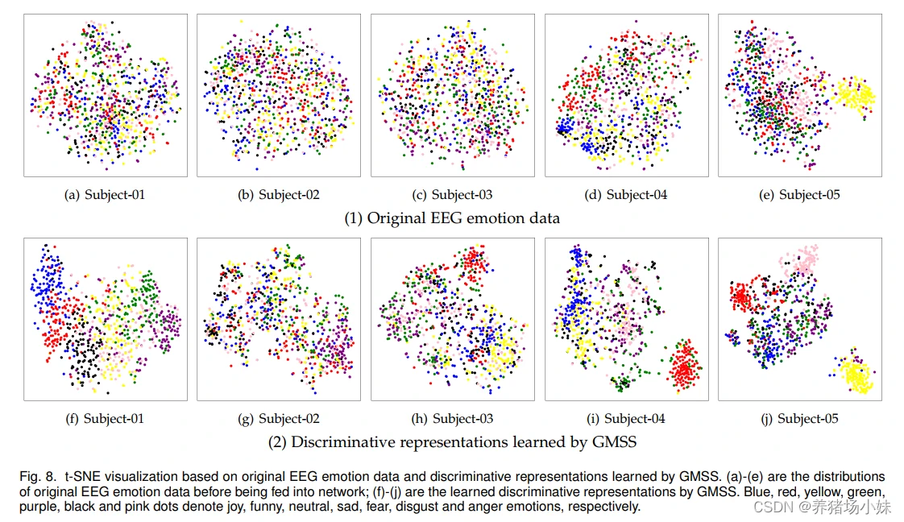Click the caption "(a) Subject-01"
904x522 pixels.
point(105,194)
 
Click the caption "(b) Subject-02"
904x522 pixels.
point(279,194)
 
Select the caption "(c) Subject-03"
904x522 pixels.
point(452,194)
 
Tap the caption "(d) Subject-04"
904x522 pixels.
point(626,194)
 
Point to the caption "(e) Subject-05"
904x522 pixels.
point(799,194)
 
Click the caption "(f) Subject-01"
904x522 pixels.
point(105,418)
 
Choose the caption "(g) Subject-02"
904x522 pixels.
point(279,418)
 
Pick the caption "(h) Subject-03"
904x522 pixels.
point(452,418)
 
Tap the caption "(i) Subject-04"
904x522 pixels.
point(626,418)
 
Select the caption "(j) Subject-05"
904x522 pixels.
point(799,418)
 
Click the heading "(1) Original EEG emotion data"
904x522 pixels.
point(452,217)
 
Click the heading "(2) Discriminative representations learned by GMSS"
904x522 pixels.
point(452,441)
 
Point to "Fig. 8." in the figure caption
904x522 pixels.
point(37,477)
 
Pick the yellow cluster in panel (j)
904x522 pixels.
point(854,375)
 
